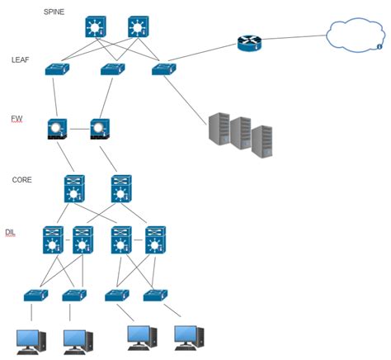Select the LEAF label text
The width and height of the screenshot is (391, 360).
click(21, 60)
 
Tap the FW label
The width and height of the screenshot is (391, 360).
click(16, 119)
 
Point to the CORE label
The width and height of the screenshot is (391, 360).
click(22, 179)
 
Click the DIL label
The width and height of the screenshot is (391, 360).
click(11, 233)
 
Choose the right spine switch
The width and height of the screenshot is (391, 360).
click(139, 27)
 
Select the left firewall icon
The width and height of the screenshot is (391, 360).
click(58, 129)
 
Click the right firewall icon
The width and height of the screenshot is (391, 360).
click(100, 129)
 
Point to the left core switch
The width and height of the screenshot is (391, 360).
click(75, 189)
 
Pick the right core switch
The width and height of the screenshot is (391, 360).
click(121, 189)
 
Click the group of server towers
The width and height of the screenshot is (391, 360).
click(240, 132)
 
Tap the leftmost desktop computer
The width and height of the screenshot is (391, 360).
click(32, 339)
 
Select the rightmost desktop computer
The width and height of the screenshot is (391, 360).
click(189, 335)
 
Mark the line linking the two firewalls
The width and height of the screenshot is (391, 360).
click(79, 129)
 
